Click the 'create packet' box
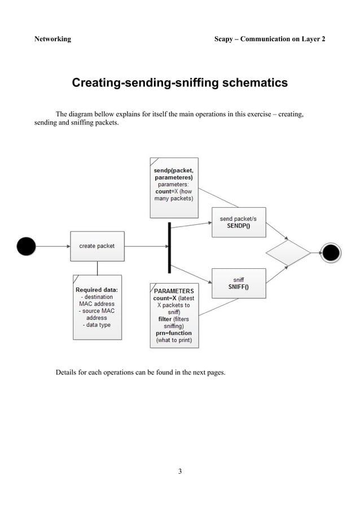96,246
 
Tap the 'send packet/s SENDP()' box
239,222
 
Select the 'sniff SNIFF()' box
238,283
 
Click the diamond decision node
288,252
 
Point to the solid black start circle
26,246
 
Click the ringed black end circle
330,252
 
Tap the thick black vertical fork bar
169,247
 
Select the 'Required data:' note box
97,307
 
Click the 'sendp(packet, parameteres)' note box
174,188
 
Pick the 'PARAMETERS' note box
174,315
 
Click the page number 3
179,471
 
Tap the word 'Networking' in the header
52,39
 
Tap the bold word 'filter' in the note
165,319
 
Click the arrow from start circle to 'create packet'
52,246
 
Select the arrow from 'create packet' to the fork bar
145,246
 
